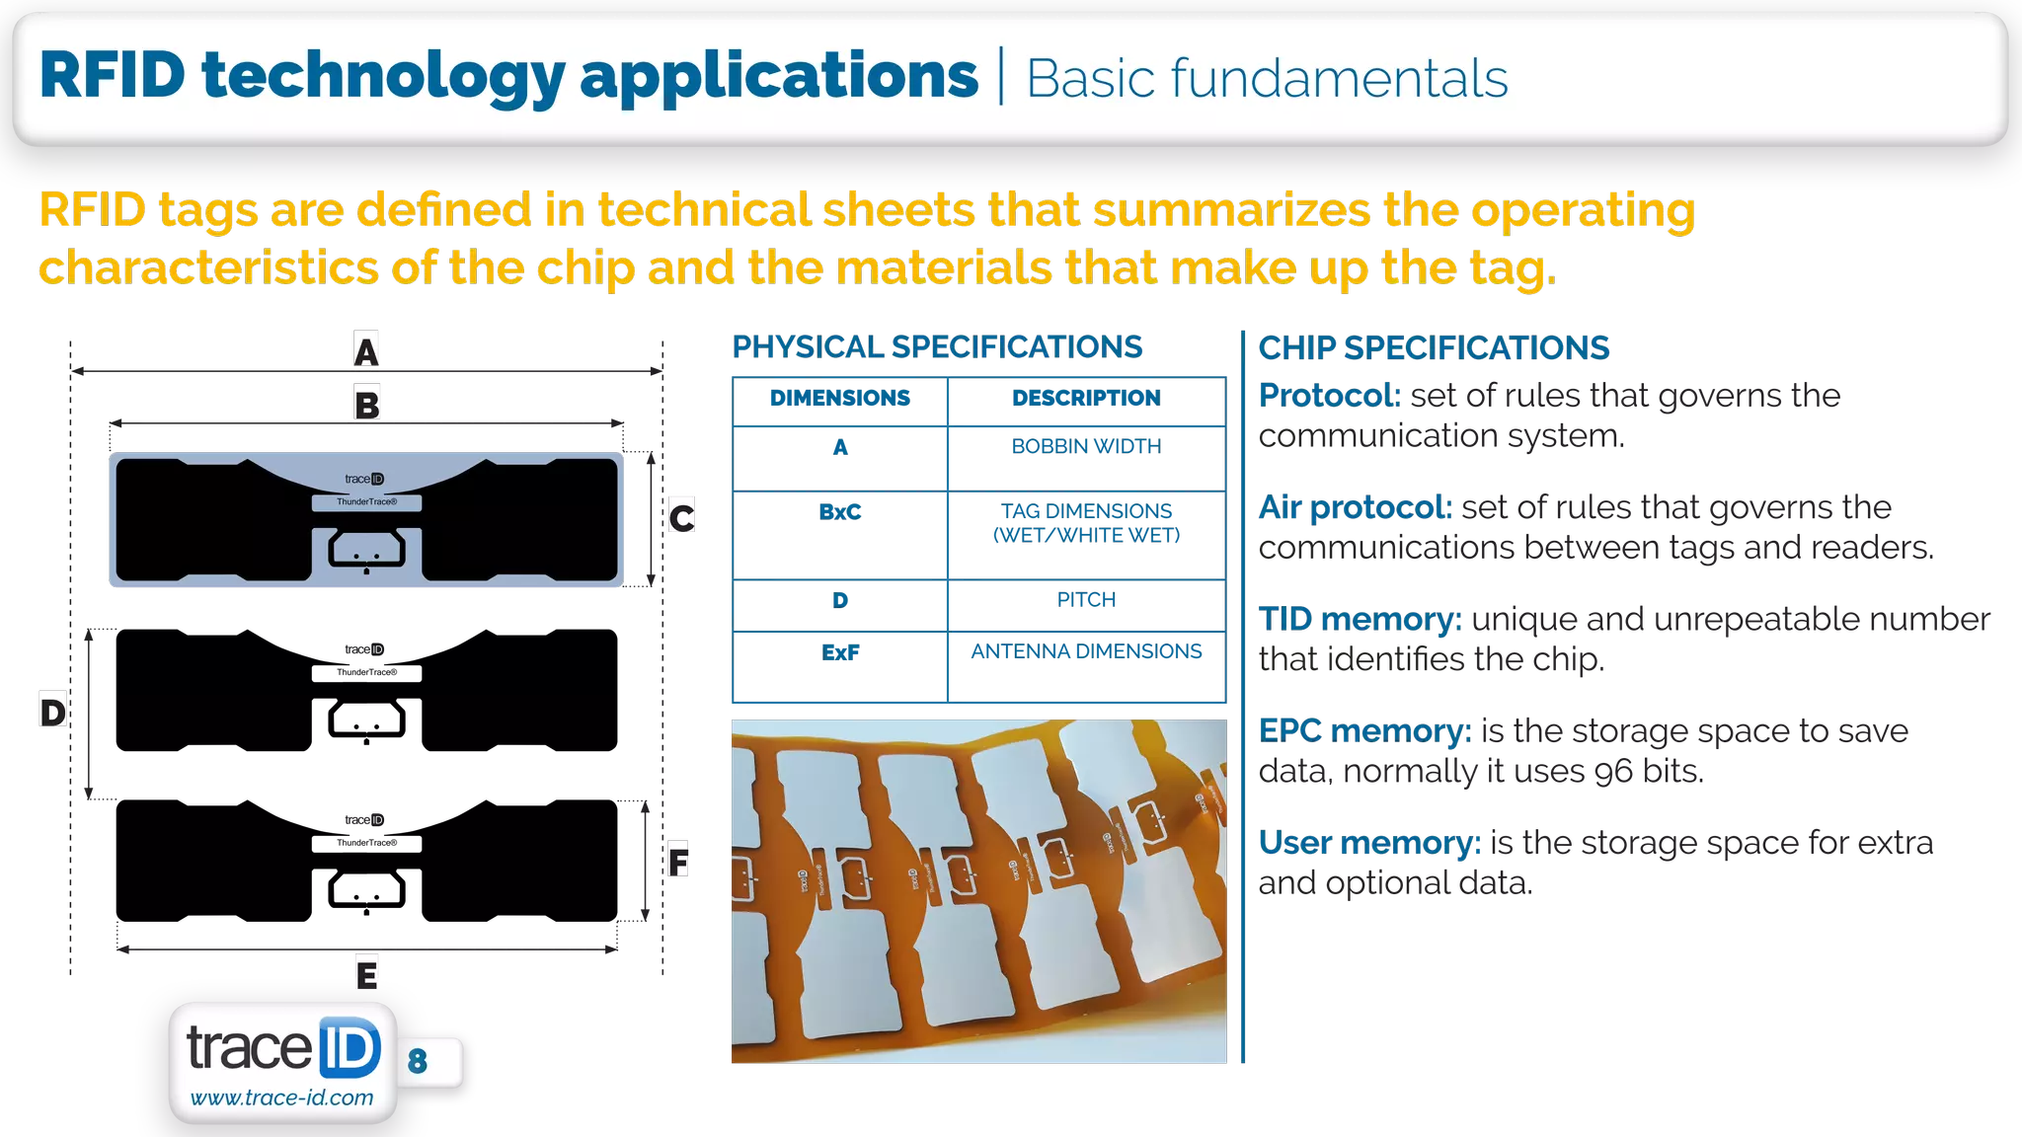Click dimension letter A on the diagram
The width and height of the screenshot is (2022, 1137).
365,349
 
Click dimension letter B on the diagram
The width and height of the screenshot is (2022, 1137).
366,403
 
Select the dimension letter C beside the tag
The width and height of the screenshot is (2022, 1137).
681,516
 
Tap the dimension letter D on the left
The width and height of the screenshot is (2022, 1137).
53,710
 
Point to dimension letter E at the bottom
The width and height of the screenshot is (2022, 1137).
366,974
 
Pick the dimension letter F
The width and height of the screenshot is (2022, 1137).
678,860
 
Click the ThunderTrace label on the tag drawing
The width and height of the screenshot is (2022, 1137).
366,502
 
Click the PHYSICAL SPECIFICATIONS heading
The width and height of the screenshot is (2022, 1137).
937,347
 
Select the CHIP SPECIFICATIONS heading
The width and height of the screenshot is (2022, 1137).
1434,348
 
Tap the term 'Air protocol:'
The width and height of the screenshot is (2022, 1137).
1355,507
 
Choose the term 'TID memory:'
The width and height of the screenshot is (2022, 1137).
1359,619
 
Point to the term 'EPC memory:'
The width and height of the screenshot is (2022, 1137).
1363,730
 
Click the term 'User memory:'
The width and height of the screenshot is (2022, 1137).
1369,843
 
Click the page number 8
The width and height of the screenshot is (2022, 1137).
418,1061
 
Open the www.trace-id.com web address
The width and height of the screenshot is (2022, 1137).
281,1098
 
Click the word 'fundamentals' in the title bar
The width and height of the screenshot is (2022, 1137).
1339,79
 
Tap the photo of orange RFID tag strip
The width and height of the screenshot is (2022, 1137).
978,891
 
